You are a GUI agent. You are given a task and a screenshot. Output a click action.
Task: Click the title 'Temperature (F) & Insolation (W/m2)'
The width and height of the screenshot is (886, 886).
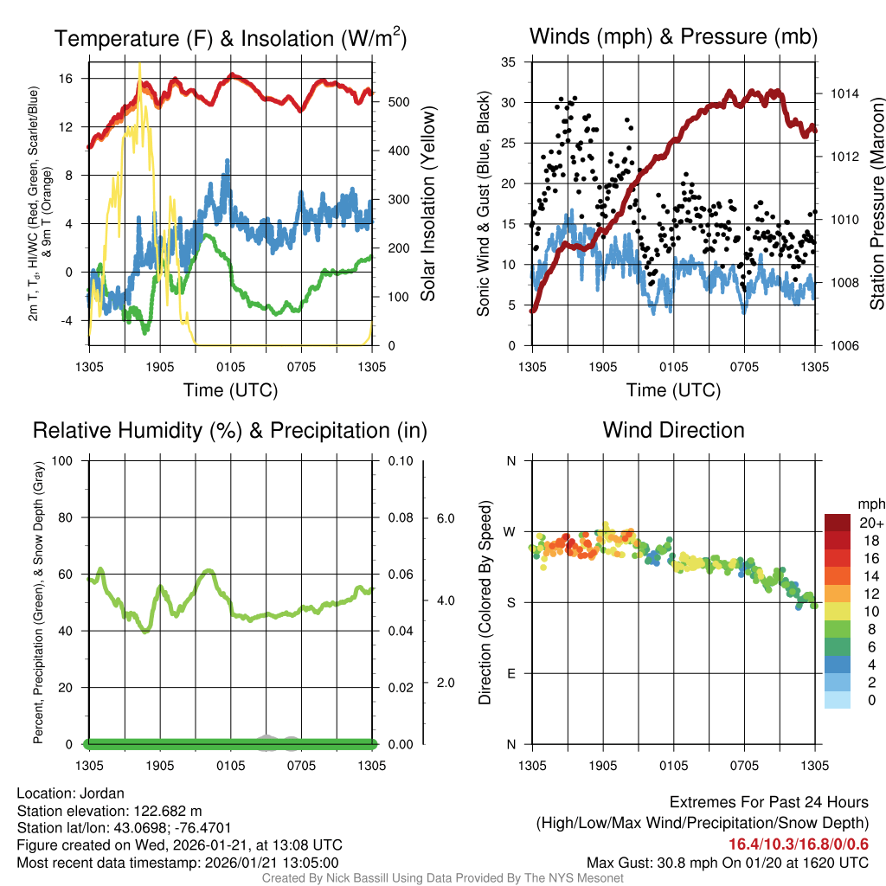click(x=231, y=38)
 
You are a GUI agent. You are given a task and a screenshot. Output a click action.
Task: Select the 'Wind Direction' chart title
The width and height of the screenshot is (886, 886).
click(x=673, y=430)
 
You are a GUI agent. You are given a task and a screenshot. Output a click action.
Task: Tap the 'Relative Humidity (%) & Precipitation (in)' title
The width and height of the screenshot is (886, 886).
click(x=230, y=430)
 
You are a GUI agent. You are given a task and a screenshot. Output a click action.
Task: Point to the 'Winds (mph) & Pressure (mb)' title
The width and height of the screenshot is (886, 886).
click(x=673, y=37)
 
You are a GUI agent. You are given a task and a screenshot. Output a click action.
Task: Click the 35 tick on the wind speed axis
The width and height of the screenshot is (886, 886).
click(x=509, y=62)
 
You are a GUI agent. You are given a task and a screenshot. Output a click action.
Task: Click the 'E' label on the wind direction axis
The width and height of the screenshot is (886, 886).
click(x=511, y=673)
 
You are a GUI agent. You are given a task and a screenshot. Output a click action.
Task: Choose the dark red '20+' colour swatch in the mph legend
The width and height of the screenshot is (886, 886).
click(x=839, y=523)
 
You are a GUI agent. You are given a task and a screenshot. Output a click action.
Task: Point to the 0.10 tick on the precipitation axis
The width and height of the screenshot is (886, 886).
click(x=400, y=460)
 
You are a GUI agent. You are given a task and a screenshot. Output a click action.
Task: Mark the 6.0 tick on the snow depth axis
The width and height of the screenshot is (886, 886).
click(x=445, y=518)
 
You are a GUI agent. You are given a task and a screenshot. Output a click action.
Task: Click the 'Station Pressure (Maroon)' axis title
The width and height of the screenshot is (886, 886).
click(x=876, y=202)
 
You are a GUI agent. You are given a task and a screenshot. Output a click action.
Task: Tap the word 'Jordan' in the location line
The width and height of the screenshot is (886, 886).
click(x=102, y=793)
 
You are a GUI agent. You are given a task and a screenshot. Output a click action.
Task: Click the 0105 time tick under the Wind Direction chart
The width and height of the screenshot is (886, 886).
click(x=673, y=766)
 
